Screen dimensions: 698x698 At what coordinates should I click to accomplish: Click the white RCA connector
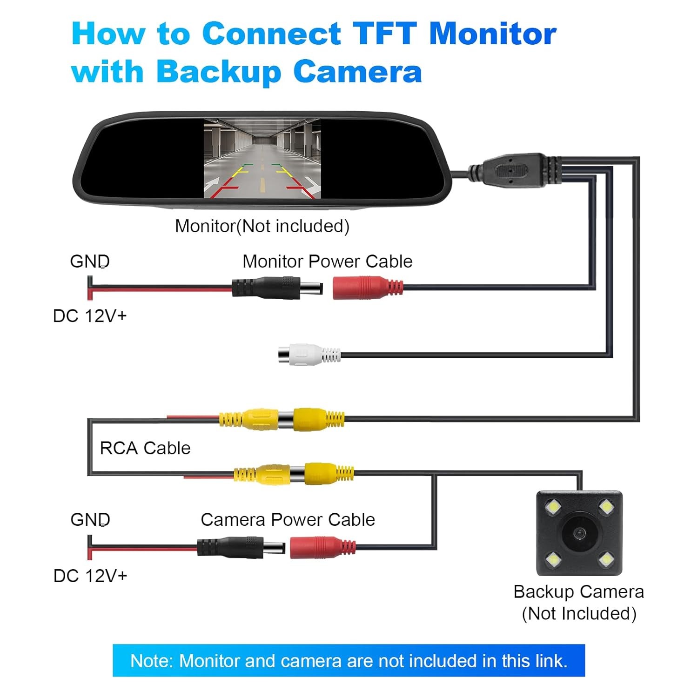307,355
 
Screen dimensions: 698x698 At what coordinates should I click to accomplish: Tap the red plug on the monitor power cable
365,288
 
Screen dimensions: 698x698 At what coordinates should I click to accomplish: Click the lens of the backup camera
579,533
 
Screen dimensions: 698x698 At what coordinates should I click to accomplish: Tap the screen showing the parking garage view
262,158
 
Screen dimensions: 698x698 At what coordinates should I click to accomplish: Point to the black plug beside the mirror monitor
514,170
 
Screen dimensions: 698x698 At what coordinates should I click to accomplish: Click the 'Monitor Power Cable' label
327,262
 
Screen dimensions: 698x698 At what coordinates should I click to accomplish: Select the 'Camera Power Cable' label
288,520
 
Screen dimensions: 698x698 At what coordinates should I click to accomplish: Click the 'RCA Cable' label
145,448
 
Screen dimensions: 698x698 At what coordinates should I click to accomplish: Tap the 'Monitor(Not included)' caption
262,226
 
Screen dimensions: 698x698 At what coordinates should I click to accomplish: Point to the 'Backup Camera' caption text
578,592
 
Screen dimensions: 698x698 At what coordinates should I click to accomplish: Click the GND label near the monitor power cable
90,262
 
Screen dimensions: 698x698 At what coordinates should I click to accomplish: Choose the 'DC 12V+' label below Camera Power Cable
90,576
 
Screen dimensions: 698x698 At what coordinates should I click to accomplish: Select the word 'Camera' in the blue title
357,72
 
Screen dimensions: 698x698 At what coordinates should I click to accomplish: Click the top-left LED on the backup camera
554,506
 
